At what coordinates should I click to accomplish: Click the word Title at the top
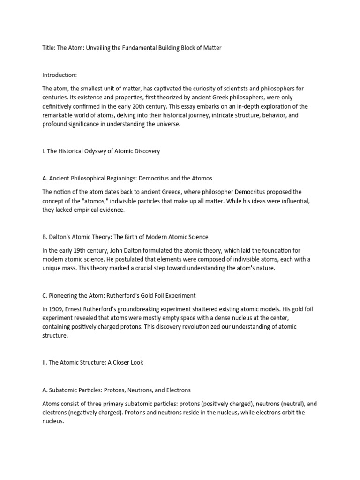tap(49, 49)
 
